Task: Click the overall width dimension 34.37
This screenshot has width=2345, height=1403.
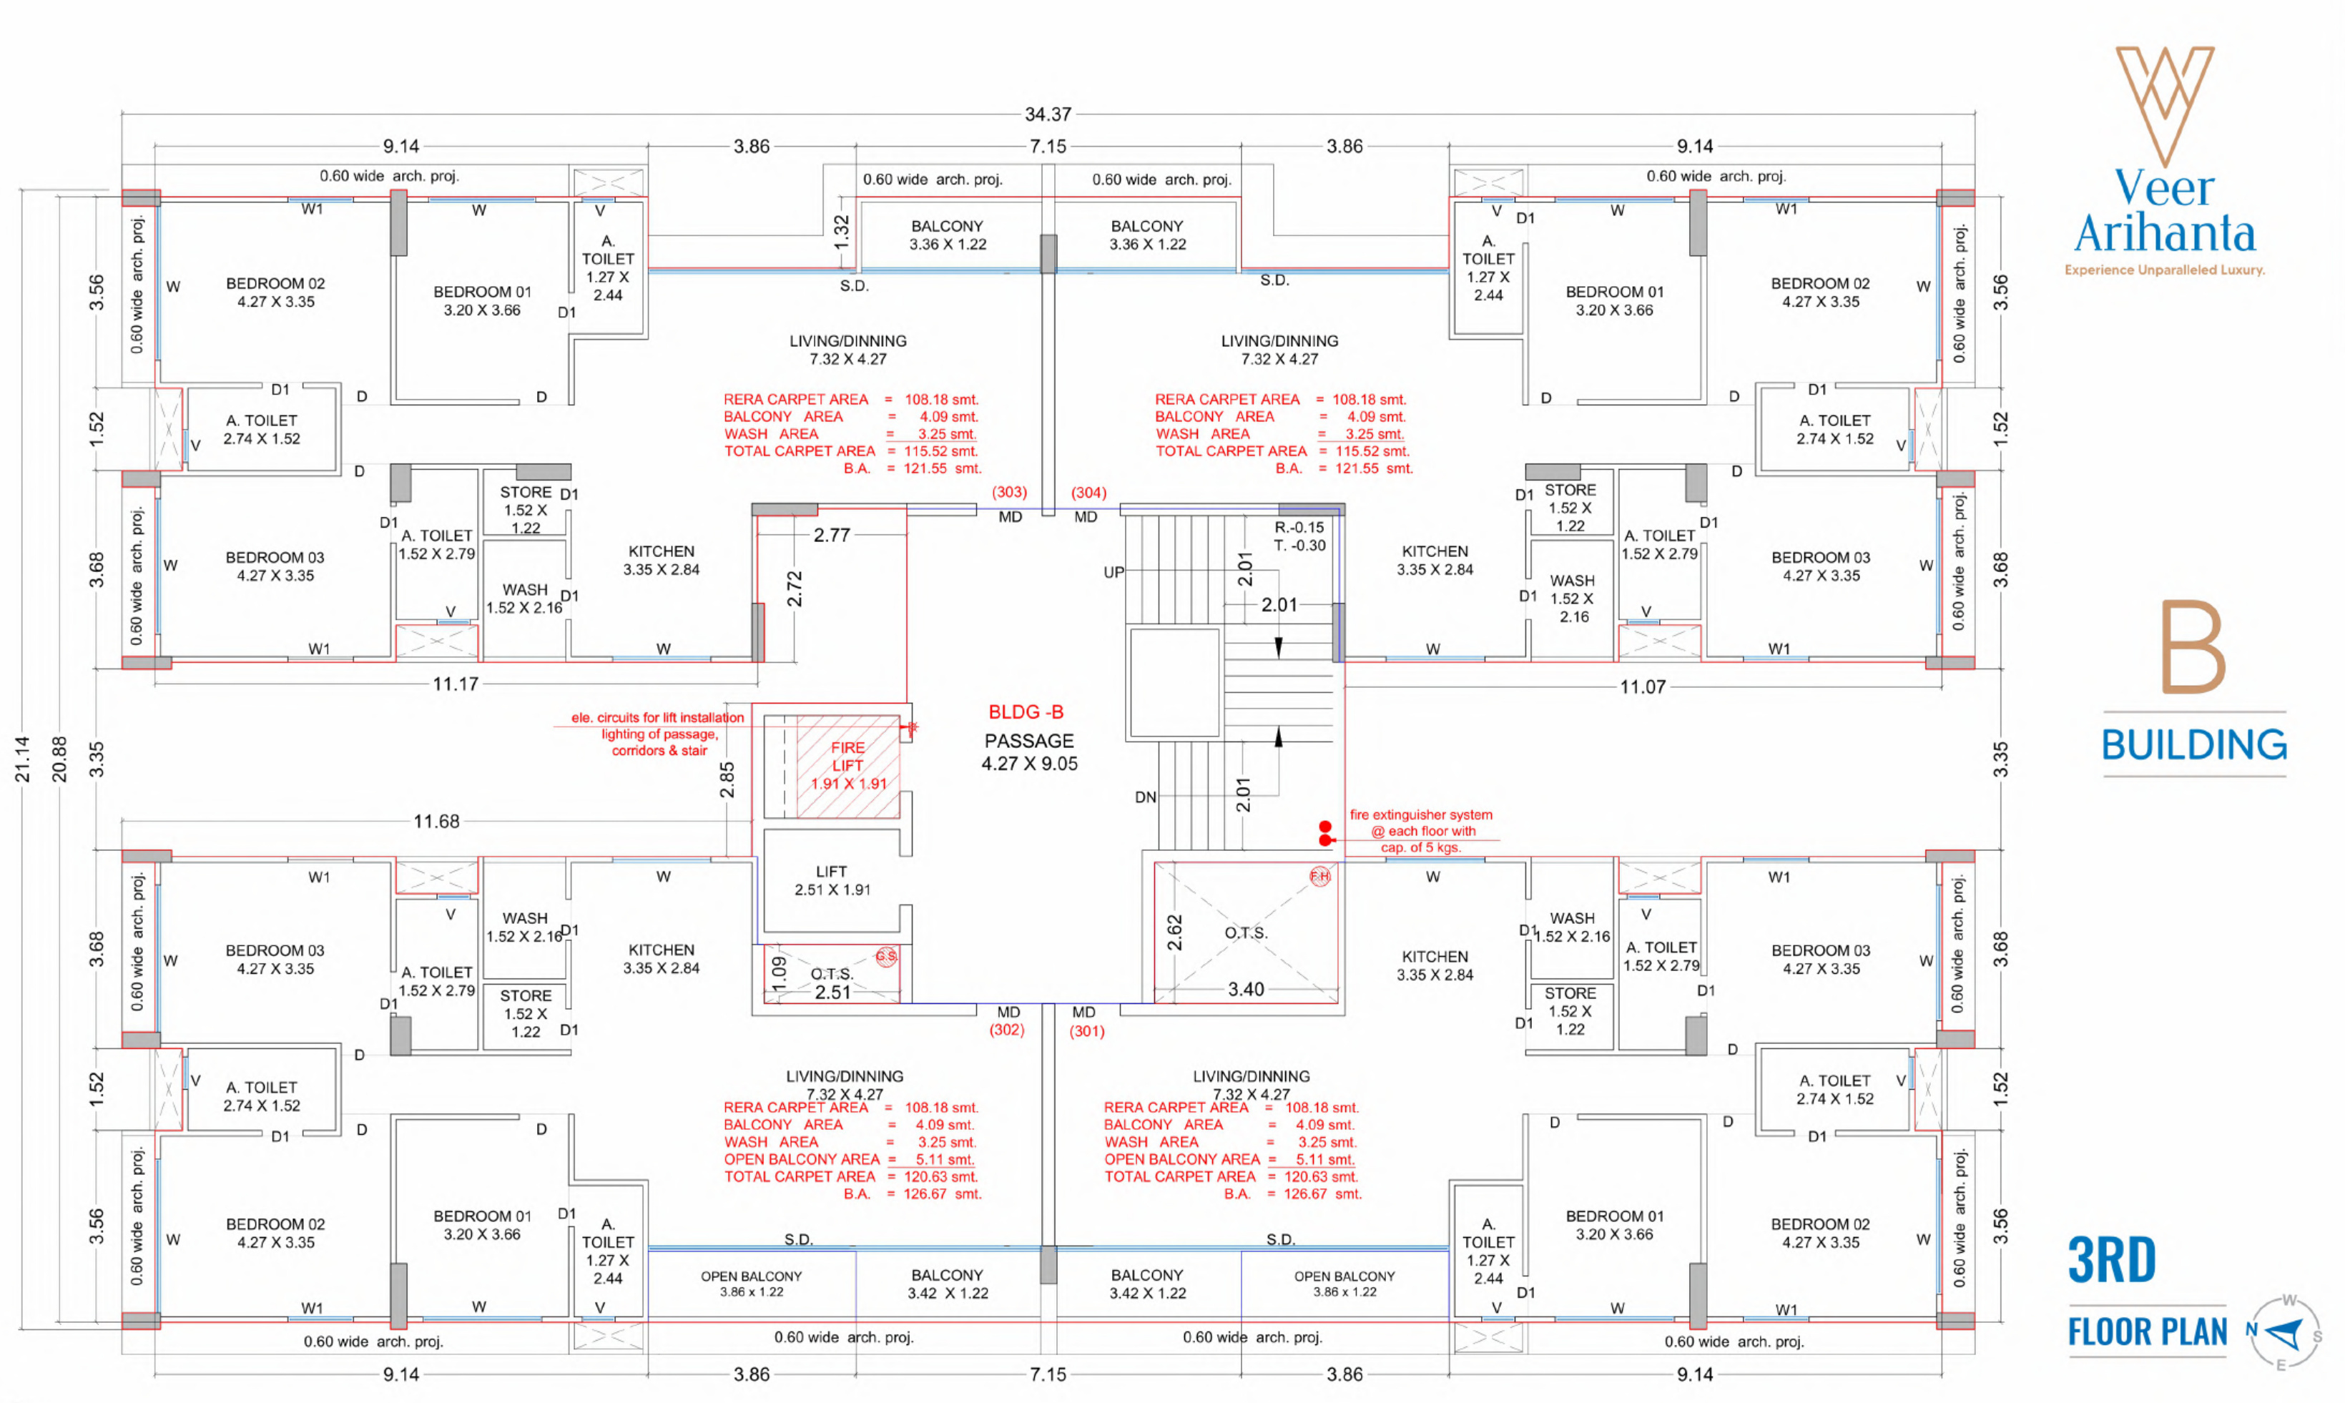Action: click(x=1048, y=114)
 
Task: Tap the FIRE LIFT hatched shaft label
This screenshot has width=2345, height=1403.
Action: click(x=847, y=765)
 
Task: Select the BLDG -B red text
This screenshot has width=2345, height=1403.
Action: click(x=1026, y=712)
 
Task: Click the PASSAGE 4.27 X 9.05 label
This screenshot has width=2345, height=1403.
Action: click(x=1029, y=752)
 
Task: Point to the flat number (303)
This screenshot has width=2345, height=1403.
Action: click(x=1009, y=493)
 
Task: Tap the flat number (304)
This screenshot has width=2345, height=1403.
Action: click(x=1088, y=493)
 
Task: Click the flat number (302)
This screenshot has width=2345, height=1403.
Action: click(x=1007, y=1030)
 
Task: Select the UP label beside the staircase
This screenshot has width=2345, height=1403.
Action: click(x=1114, y=572)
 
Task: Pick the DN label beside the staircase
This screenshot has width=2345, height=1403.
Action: click(x=1145, y=797)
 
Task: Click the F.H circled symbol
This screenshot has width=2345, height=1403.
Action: click(x=1320, y=877)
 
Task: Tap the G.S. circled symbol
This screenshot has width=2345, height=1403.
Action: click(x=886, y=956)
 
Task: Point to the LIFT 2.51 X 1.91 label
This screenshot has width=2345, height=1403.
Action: click(x=832, y=880)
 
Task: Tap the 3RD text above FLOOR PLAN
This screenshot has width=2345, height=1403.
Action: click(x=2111, y=1259)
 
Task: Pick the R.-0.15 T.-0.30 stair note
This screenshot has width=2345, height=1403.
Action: click(x=1299, y=536)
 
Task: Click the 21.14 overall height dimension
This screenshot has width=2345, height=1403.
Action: click(x=21, y=759)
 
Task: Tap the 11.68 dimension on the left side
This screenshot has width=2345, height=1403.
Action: click(x=436, y=822)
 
